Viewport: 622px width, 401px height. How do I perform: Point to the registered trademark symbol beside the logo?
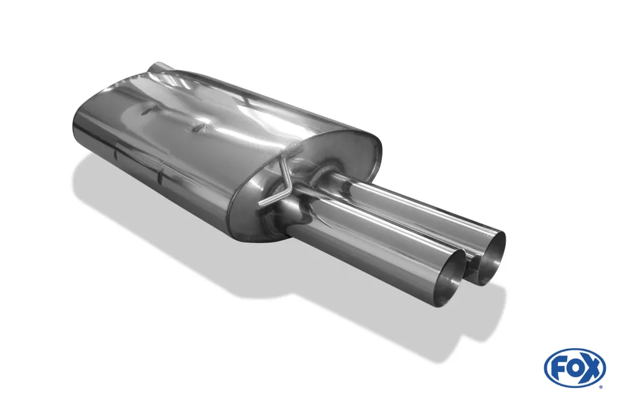pos(600,386)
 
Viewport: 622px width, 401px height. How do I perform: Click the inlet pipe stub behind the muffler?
pos(160,67)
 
